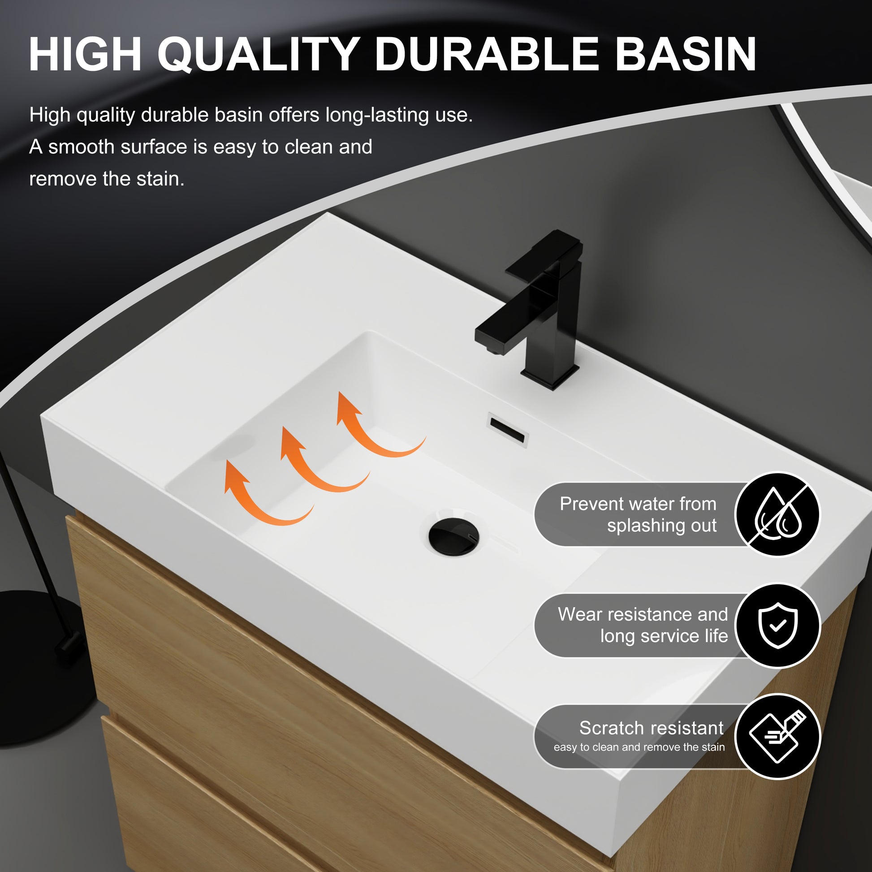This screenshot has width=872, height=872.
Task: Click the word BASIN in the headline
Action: point(686,54)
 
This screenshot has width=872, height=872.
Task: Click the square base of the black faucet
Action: point(550,376)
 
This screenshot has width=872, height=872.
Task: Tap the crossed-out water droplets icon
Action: point(777,514)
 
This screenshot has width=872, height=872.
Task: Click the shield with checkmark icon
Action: point(777,626)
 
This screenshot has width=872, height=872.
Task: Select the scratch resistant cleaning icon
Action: point(777,737)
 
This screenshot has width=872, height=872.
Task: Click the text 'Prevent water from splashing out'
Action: point(638,514)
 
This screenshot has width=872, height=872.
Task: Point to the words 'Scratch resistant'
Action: point(651,728)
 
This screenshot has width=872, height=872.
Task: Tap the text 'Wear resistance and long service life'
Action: point(643,625)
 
